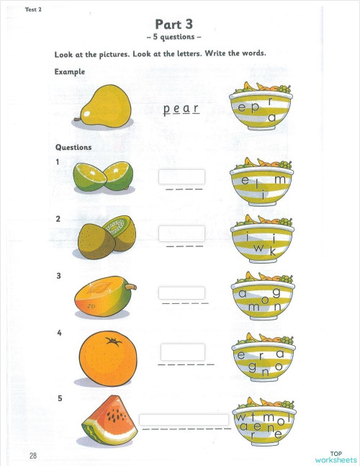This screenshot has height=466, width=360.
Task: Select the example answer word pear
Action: point(181,109)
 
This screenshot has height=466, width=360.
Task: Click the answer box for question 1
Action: point(181,176)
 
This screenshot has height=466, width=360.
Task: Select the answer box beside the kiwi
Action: point(181,233)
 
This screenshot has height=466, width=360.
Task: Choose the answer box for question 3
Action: point(181,293)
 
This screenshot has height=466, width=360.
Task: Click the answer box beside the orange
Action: point(182,352)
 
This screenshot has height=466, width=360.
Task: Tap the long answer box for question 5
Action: point(184,419)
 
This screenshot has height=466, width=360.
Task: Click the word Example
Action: point(69,72)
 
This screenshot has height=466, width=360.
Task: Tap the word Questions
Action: point(73,147)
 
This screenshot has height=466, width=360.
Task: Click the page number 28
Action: point(33,455)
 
